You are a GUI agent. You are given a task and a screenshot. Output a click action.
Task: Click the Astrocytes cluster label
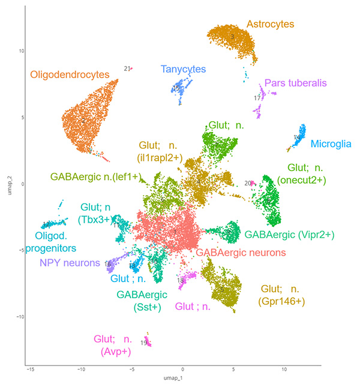coord(270,25)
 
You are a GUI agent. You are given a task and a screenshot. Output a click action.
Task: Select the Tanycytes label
coord(183,70)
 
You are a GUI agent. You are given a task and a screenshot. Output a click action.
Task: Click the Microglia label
coord(331,143)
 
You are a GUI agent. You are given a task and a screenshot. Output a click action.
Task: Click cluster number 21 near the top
coord(127,69)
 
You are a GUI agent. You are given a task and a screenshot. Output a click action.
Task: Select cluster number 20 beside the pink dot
coord(247,183)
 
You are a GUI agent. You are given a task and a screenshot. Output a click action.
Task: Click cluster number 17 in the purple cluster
coord(257,98)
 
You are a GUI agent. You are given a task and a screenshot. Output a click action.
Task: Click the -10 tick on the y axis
coord(19,317)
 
